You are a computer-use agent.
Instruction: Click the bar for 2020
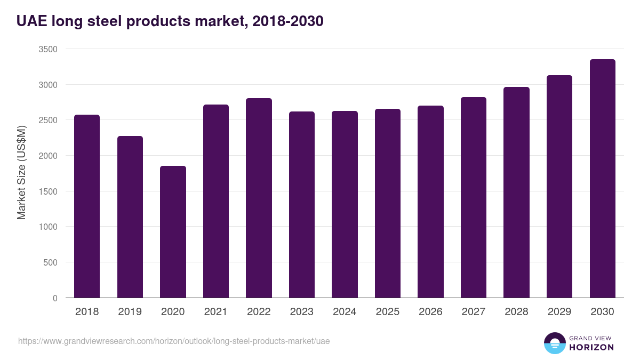click(x=173, y=232)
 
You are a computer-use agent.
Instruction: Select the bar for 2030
click(x=602, y=179)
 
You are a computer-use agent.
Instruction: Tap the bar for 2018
click(x=87, y=206)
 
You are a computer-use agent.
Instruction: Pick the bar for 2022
click(x=259, y=198)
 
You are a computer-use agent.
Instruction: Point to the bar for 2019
click(x=130, y=217)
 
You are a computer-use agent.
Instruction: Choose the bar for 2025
click(x=388, y=203)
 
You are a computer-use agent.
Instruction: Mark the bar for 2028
click(x=516, y=193)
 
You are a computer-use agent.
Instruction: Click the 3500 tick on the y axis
click(x=48, y=49)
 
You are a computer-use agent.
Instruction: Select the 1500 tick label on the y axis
click(x=48, y=191)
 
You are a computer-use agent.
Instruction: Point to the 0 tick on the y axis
click(x=55, y=298)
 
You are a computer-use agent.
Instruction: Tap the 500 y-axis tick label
click(x=50, y=262)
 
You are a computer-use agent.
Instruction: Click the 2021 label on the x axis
click(x=216, y=312)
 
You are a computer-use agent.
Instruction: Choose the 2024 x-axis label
click(x=345, y=312)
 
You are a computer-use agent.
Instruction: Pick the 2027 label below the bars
click(x=474, y=312)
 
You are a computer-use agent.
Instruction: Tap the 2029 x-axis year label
click(x=559, y=312)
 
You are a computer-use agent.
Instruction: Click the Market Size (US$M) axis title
click(x=21, y=173)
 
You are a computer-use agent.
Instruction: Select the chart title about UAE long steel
click(x=170, y=21)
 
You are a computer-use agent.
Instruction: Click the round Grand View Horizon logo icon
click(x=554, y=343)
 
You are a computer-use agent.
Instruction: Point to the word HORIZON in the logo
click(x=591, y=347)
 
